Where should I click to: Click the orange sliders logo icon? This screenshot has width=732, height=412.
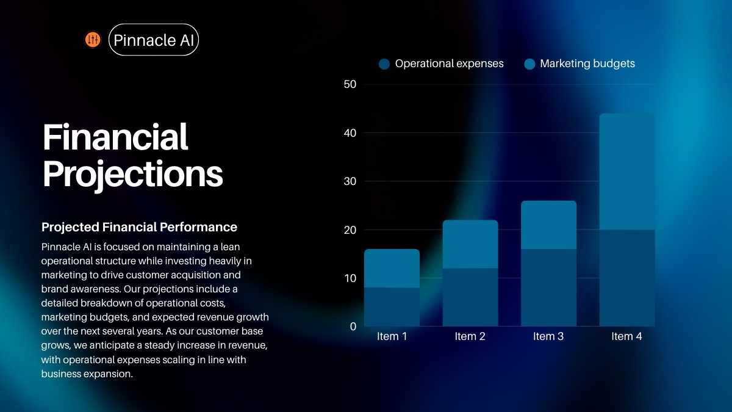pyautogui.click(x=93, y=40)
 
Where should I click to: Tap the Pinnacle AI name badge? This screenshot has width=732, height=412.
pyautogui.click(x=154, y=40)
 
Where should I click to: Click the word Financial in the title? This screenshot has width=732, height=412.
pyautogui.click(x=115, y=137)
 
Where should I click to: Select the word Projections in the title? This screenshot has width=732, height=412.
pyautogui.click(x=133, y=175)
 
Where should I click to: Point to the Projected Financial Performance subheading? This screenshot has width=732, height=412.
pyautogui.click(x=139, y=227)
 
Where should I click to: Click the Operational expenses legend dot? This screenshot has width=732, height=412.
pyautogui.click(x=384, y=63)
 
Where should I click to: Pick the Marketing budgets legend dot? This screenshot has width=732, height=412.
pyautogui.click(x=529, y=63)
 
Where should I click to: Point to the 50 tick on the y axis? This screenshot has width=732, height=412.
pyautogui.click(x=350, y=84)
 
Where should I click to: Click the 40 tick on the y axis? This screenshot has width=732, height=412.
pyautogui.click(x=350, y=133)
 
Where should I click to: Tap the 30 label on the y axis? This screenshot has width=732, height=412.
pyautogui.click(x=350, y=181)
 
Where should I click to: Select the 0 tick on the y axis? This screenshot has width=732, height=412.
pyautogui.click(x=353, y=327)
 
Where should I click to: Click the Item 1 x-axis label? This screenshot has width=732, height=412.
pyautogui.click(x=392, y=336)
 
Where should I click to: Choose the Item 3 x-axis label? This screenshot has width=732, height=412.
pyautogui.click(x=548, y=336)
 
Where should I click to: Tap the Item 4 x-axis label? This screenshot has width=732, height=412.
pyautogui.click(x=627, y=336)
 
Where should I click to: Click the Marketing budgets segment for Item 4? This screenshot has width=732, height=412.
pyautogui.click(x=627, y=172)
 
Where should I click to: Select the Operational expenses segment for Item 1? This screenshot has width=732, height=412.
pyautogui.click(x=392, y=307)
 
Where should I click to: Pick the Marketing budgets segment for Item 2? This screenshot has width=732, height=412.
pyautogui.click(x=470, y=244)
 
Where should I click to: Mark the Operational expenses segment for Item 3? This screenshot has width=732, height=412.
pyautogui.click(x=548, y=287)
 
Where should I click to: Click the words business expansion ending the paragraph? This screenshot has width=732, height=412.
pyautogui.click(x=87, y=374)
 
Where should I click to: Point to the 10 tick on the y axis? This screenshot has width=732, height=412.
pyautogui.click(x=350, y=278)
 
